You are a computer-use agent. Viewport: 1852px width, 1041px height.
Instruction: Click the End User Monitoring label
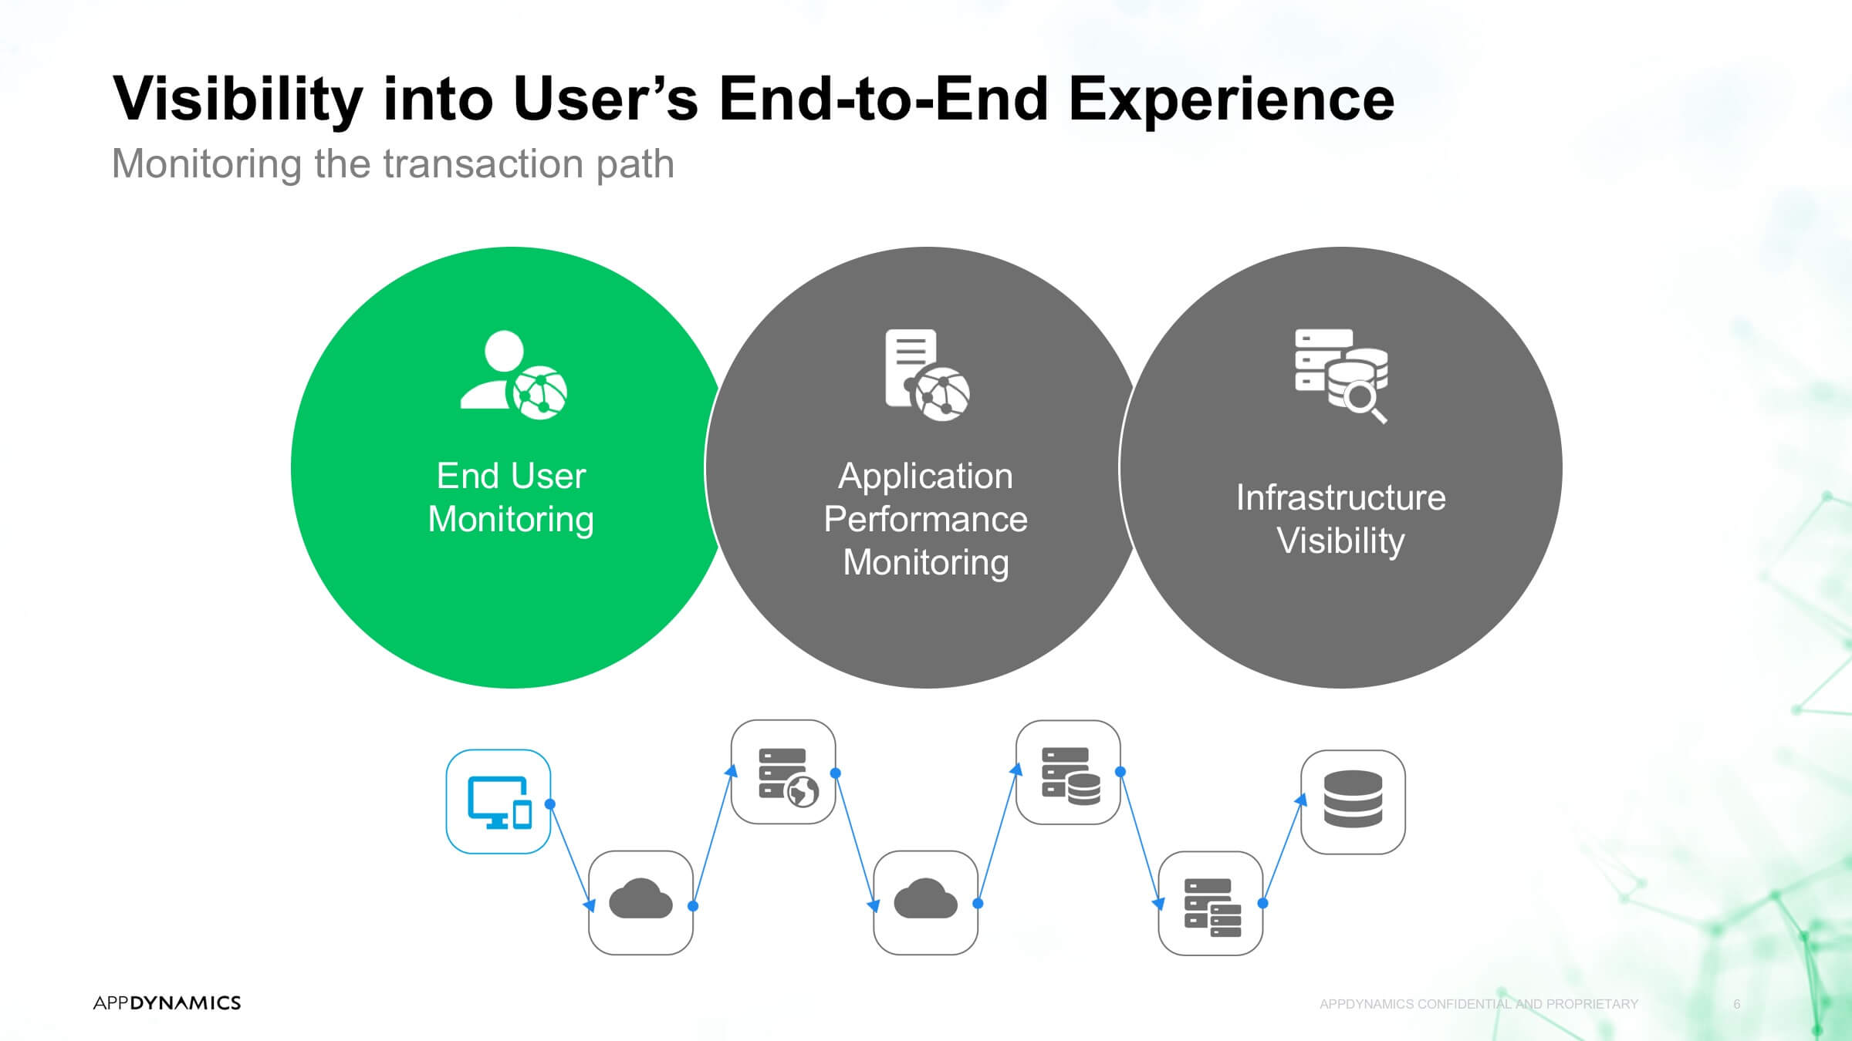click(511, 497)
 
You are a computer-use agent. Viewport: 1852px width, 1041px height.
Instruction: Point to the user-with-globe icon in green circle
click(514, 376)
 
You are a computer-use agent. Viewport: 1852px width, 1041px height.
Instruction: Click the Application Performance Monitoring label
click(926, 519)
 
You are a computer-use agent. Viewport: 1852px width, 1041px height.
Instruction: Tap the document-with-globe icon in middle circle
click(928, 375)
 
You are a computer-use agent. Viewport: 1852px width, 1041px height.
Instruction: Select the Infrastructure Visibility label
click(1341, 519)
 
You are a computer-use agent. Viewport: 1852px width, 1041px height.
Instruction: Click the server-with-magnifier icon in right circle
click(1341, 376)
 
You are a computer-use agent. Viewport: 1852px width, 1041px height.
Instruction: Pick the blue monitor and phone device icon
click(499, 802)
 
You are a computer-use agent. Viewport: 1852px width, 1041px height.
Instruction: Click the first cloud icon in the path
click(640, 899)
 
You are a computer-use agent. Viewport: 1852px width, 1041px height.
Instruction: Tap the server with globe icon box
click(783, 772)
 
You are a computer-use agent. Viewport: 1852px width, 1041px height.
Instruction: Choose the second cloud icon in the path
click(925, 899)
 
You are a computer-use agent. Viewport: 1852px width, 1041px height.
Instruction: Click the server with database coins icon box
click(1068, 772)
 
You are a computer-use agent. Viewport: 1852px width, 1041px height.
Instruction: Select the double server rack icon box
click(1211, 903)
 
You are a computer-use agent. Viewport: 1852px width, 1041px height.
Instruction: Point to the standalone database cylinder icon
click(1353, 799)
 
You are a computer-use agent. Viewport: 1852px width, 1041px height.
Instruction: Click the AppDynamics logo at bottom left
click(167, 1002)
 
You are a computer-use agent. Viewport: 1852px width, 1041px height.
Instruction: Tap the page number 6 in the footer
click(1737, 1004)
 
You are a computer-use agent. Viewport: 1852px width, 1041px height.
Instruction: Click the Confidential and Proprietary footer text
click(1479, 1004)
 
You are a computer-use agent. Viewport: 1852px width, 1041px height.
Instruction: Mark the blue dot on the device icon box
click(550, 804)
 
